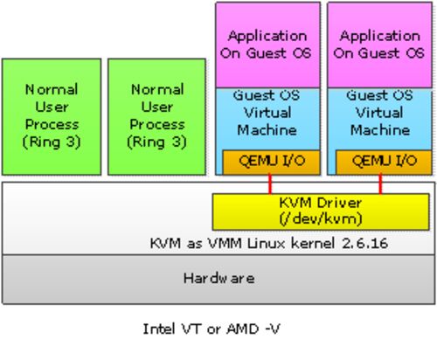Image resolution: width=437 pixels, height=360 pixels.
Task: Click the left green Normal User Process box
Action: pyautogui.click(x=52, y=117)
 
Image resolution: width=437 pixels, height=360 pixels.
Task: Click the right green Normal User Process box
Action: pyautogui.click(x=156, y=117)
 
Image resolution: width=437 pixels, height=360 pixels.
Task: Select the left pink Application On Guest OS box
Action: pyautogui.click(x=267, y=45)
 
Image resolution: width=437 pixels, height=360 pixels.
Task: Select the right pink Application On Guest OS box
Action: pyautogui.click(x=379, y=45)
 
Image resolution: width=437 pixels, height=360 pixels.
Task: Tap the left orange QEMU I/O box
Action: pyautogui.click(x=271, y=163)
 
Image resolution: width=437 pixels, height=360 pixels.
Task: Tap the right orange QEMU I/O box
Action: pyautogui.click(x=384, y=163)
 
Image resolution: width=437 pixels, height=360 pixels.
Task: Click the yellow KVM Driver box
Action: pyautogui.click(x=321, y=211)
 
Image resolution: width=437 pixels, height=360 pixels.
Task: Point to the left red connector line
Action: pyautogui.click(x=270, y=184)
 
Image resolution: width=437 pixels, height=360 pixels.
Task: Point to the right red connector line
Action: pyautogui.click(x=380, y=184)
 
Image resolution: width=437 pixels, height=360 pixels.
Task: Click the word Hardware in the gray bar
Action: pyautogui.click(x=219, y=279)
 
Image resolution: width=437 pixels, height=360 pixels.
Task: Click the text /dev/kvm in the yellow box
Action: pyautogui.click(x=321, y=219)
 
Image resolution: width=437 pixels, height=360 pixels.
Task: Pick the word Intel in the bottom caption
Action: pyautogui.click(x=158, y=329)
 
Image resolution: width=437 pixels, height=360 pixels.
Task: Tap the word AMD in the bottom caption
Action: pyautogui.click(x=243, y=329)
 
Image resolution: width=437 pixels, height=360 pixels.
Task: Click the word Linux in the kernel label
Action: pyautogui.click(x=266, y=243)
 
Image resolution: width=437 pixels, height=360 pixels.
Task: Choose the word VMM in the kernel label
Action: pyautogui.click(x=225, y=243)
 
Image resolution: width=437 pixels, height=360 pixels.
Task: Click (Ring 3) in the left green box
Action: pyautogui.click(x=52, y=142)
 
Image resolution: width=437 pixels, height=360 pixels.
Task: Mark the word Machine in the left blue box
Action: pyautogui.click(x=267, y=130)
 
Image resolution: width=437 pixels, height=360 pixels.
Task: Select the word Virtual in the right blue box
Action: pyautogui.click(x=379, y=113)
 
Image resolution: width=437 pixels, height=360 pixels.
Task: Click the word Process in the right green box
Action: pyautogui.click(x=157, y=125)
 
